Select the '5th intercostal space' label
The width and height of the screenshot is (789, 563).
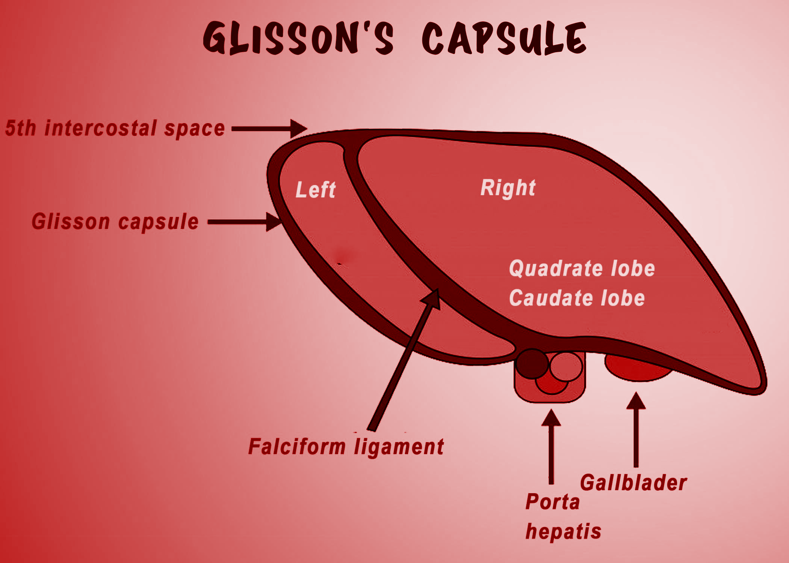point(115,128)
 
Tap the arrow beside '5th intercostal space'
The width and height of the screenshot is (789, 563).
point(269,129)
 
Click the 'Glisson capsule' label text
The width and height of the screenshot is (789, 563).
point(115,221)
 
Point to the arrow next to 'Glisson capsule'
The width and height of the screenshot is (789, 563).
point(244,222)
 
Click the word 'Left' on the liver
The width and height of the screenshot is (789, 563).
point(316,190)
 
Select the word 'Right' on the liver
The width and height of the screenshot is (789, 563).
point(508,188)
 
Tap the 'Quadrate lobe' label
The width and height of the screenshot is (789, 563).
point(582,269)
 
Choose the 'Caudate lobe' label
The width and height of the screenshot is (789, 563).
point(577,298)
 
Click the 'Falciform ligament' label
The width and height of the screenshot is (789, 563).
point(346,447)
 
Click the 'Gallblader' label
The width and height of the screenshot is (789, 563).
point(633,483)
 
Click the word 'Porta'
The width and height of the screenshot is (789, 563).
point(553,502)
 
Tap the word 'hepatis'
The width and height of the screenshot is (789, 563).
point(563,531)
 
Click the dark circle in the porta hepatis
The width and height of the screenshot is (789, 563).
point(532,363)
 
